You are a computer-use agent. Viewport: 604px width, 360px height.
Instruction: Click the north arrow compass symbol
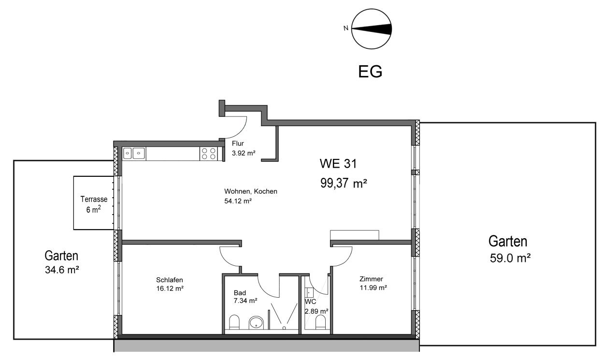(371, 29)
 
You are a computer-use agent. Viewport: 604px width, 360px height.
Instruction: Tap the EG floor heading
(370, 72)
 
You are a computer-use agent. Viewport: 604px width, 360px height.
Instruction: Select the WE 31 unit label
(338, 164)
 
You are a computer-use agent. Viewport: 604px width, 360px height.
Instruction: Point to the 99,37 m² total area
(344, 183)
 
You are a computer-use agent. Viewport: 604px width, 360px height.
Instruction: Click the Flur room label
(238, 144)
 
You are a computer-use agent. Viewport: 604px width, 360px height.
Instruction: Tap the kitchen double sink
(134, 154)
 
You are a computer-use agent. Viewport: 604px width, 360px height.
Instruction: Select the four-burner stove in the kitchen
(208, 154)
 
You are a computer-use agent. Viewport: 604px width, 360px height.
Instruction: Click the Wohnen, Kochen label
(250, 191)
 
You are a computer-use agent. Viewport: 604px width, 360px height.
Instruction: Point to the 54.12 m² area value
(238, 201)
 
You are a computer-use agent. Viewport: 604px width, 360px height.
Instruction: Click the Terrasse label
(94, 199)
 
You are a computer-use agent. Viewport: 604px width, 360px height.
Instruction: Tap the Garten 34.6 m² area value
(62, 270)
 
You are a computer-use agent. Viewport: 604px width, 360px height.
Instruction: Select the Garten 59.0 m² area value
(510, 259)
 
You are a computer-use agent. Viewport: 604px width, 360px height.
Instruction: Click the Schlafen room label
(169, 280)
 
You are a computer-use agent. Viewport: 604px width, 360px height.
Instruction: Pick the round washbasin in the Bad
(256, 322)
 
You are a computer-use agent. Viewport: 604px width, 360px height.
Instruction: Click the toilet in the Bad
(234, 322)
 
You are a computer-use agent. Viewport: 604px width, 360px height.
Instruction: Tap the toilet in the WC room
(321, 322)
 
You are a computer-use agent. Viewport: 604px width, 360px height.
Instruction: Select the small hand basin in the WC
(309, 292)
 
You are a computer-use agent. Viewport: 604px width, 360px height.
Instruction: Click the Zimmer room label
(371, 279)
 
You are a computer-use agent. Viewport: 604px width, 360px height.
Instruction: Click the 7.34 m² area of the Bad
(245, 301)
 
